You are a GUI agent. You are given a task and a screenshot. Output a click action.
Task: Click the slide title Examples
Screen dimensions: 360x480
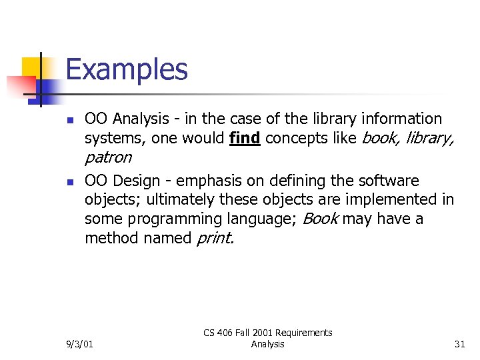click(x=127, y=70)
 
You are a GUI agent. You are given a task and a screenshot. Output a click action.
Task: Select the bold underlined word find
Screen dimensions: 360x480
click(x=244, y=139)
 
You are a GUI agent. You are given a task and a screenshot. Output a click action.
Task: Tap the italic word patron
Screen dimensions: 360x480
click(x=108, y=158)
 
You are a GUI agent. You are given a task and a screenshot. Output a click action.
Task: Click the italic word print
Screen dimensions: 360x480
click(x=215, y=239)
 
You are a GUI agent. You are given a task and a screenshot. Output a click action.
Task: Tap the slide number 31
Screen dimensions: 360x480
click(x=459, y=344)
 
